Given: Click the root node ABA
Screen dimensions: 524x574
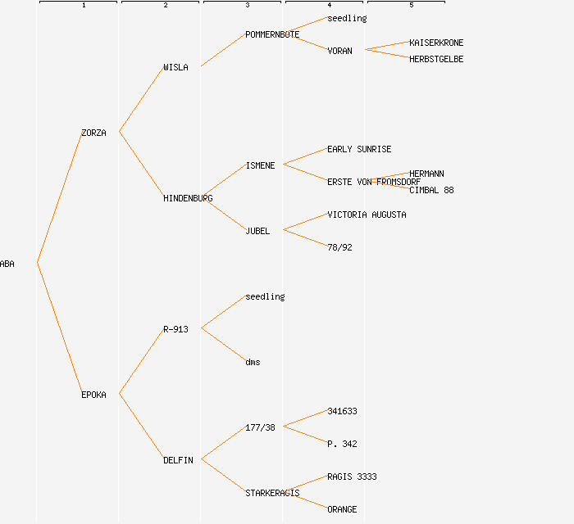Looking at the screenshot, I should point(7,264).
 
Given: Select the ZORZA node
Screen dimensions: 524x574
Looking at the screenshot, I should point(93,133).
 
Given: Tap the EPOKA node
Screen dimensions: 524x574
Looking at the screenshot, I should point(93,395).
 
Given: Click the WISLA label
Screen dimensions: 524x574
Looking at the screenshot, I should point(175,67).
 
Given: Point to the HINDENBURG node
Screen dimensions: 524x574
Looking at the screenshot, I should point(188,198).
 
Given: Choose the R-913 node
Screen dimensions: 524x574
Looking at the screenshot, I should point(175,329).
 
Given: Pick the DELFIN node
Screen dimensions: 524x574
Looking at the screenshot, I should point(178,460).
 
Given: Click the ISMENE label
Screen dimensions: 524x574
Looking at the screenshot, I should point(260,165).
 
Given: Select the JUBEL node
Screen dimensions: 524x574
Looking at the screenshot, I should point(257,231).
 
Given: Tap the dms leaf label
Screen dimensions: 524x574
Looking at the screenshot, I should point(253,362).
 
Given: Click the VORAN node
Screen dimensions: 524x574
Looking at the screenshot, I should point(339,51).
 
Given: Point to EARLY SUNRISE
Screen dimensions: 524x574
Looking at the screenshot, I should point(359,149).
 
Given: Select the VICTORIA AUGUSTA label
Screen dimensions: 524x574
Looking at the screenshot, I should point(367,215).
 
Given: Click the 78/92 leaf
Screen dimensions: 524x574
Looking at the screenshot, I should point(339,247).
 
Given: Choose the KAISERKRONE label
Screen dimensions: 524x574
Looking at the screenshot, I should point(436,43).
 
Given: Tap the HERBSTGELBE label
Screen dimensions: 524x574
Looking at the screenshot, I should point(436,59).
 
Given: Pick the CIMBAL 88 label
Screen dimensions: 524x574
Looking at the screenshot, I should point(431,190).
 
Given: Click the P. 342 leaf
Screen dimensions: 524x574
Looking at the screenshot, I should point(342,444).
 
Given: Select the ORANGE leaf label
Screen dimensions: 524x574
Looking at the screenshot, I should point(342,509).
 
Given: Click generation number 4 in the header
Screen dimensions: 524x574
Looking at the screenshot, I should point(329,6).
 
